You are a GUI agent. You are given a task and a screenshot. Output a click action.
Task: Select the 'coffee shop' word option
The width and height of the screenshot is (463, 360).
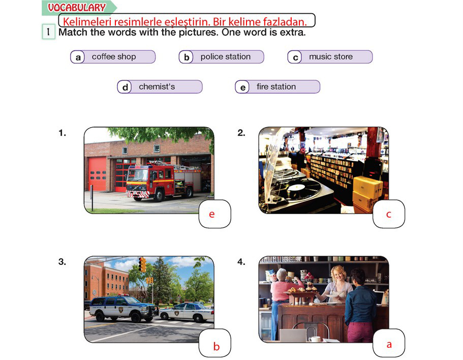click(113, 57)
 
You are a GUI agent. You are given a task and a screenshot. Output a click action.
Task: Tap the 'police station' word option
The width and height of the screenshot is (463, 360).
click(221, 57)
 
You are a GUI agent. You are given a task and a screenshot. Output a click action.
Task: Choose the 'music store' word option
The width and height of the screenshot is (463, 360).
click(330, 57)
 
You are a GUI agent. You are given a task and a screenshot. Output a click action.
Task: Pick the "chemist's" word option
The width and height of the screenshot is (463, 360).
click(160, 87)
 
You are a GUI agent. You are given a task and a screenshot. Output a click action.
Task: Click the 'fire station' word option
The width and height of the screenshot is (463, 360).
click(277, 87)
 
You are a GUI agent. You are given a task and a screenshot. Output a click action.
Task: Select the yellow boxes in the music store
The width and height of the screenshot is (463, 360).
click(367, 193)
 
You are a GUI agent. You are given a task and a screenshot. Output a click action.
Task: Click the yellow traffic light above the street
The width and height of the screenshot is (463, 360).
click(143, 264)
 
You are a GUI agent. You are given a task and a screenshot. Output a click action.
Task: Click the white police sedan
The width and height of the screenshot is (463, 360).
click(187, 312)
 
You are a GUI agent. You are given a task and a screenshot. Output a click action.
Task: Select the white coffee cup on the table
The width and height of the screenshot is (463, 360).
click(315, 339)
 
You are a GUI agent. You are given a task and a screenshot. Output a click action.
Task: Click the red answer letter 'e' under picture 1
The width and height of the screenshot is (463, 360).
click(212, 215)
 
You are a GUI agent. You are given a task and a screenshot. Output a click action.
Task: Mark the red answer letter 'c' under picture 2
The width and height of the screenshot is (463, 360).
click(389, 215)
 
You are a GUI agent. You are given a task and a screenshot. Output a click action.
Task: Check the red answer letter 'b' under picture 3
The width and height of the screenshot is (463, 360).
click(217, 346)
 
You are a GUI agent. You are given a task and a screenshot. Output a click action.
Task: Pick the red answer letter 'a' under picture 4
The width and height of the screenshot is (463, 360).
click(389, 344)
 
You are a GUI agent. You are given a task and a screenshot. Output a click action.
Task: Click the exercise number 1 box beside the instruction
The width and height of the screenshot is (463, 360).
click(48, 32)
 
